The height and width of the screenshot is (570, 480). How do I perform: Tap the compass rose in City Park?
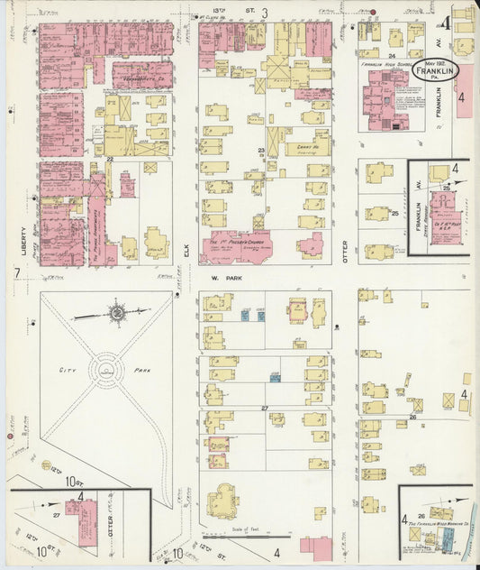tap(116, 313)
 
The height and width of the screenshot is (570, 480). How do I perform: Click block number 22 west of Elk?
tap(109, 159)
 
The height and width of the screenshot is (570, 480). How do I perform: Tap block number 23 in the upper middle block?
tap(261, 150)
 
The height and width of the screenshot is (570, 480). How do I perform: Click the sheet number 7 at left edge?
tap(16, 272)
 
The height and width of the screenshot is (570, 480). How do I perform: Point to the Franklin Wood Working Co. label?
tap(436, 524)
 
